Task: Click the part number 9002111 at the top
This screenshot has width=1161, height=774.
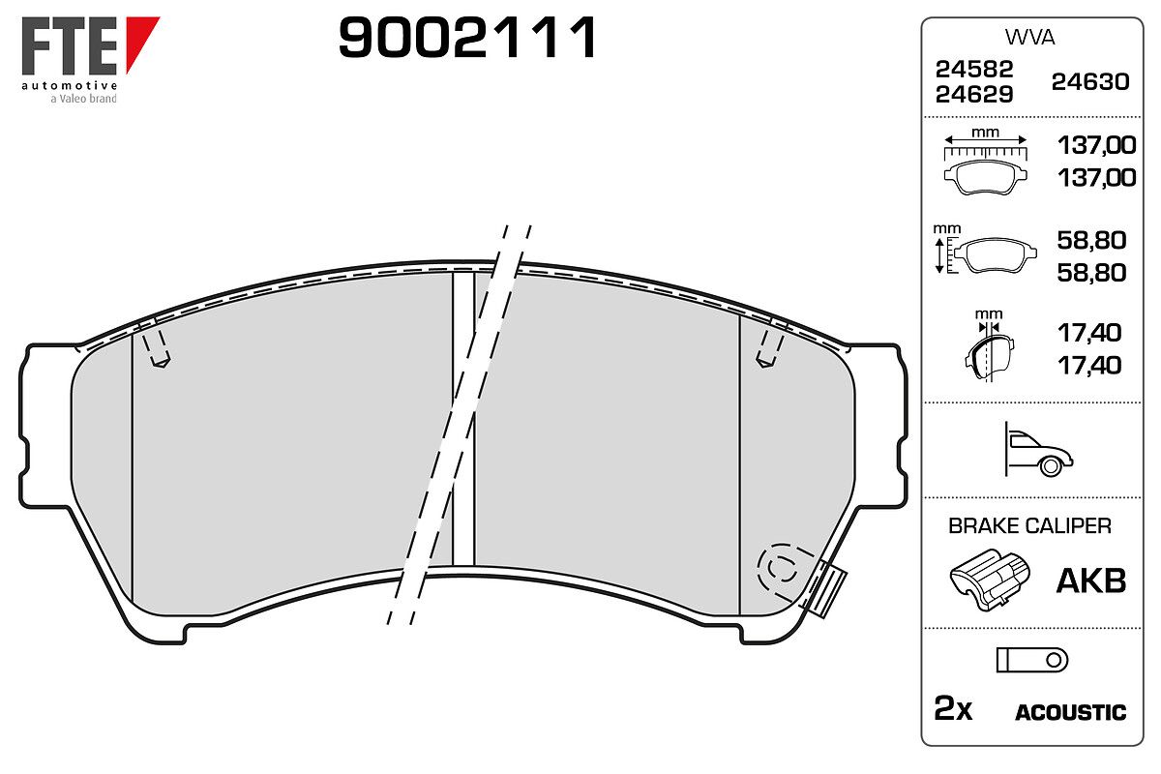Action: pos(467,38)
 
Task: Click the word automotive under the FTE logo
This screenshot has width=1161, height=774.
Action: pos(70,85)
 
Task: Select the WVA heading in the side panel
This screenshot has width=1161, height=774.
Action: pos(1029,38)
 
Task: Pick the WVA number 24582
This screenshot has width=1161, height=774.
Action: pos(974,69)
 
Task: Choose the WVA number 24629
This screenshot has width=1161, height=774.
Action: pos(974,95)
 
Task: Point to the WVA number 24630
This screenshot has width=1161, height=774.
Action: pos(1090,82)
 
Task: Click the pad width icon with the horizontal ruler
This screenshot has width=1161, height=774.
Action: pos(985,162)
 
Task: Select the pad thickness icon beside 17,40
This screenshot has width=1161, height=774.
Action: pos(989,345)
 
